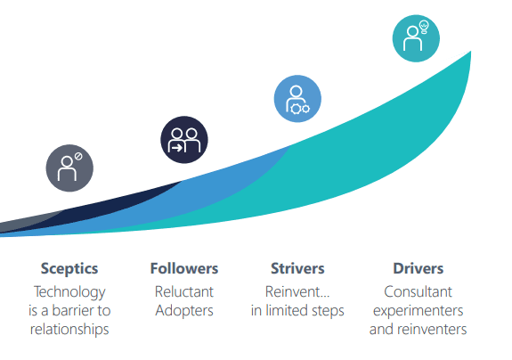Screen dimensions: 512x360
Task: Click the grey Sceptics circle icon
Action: (x=69, y=168)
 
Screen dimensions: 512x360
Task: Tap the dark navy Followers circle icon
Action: (x=184, y=140)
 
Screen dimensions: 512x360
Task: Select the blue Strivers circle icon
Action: (x=297, y=99)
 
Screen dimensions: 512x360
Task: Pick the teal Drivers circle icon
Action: (x=416, y=38)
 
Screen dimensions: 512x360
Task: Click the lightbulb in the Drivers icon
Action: (x=424, y=27)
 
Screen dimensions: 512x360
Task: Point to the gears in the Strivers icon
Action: (x=300, y=109)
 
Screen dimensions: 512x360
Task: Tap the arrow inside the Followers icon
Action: (x=177, y=148)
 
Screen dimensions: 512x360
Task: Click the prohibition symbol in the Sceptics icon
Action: (x=78, y=156)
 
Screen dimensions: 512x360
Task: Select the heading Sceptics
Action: (x=69, y=268)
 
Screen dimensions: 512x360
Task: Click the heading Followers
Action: (x=184, y=268)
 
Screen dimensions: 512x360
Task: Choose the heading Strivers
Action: (x=297, y=268)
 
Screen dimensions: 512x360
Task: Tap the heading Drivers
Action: (x=419, y=268)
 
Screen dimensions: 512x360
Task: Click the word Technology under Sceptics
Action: (x=69, y=292)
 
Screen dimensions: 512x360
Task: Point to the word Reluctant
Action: (x=184, y=291)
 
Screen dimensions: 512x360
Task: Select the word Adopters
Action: (x=184, y=311)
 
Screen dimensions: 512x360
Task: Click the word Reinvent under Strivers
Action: (x=293, y=291)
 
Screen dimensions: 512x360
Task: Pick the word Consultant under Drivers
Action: (x=418, y=291)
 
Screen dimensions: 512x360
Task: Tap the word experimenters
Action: (x=418, y=311)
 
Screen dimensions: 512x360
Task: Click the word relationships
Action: (x=69, y=330)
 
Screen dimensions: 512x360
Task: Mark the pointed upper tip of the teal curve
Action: (x=470, y=52)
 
